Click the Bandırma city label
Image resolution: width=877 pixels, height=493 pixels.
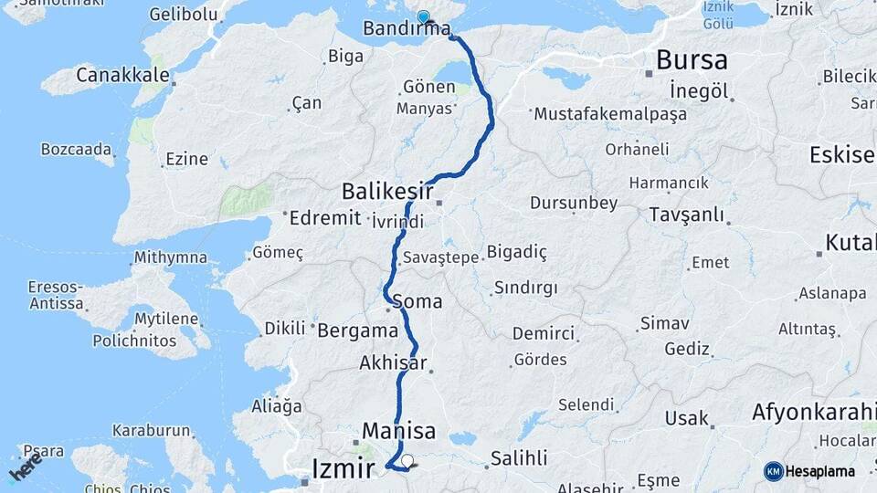[x=406, y=28]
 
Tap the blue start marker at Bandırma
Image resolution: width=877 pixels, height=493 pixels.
[x=423, y=16]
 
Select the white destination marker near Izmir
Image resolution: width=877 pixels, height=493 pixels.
[x=407, y=462]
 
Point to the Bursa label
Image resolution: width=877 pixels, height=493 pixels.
[x=692, y=60]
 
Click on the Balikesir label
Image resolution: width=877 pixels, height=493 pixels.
[x=386, y=192]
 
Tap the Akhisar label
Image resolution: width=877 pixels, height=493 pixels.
[x=393, y=363]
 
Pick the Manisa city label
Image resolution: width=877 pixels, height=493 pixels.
[x=398, y=431]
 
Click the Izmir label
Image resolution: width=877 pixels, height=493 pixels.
[x=343, y=470]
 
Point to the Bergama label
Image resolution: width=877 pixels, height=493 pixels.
[x=357, y=330]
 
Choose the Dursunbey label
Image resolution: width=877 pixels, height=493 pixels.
[x=574, y=203]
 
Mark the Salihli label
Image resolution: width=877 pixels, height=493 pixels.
[x=519, y=458]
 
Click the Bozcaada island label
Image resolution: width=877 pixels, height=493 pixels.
[x=77, y=148]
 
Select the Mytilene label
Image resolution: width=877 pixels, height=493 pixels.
[x=141, y=319]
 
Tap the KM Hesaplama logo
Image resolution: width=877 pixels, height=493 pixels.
[x=809, y=471]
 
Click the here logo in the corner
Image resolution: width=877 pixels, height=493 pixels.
[x=25, y=467]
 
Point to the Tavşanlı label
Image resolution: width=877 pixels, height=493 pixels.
[x=686, y=215]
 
